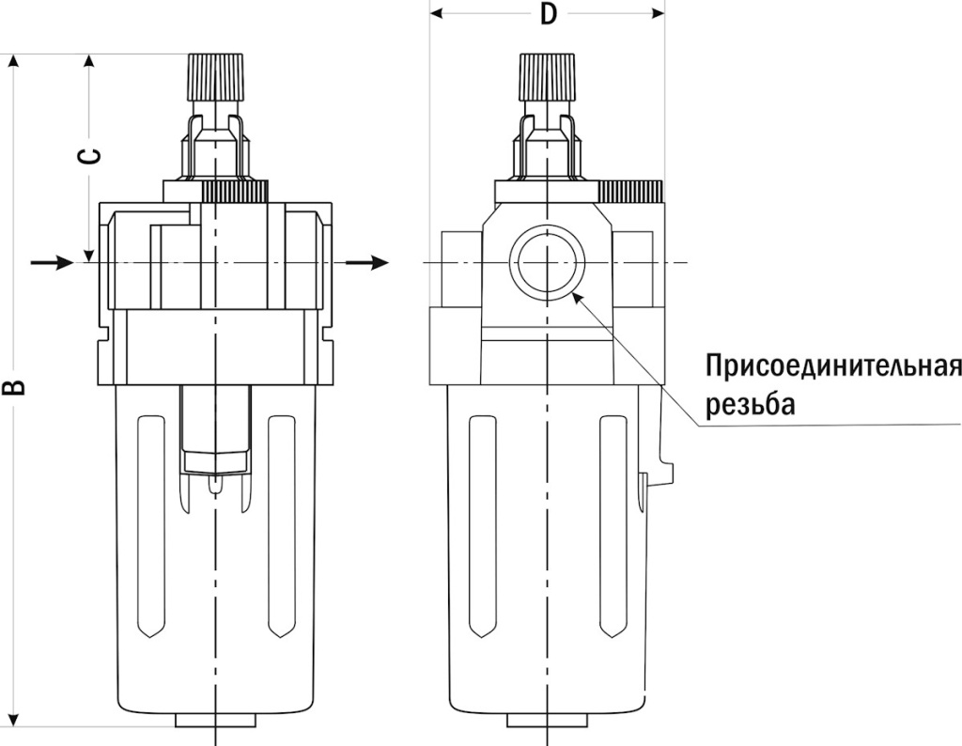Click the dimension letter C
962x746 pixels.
point(88,155)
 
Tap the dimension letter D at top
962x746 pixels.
point(549,16)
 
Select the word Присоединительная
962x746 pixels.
point(832,366)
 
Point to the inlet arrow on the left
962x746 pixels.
point(53,262)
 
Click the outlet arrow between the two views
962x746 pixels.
point(367,262)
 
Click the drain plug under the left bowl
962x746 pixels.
point(216,721)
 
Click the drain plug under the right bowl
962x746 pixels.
point(548,721)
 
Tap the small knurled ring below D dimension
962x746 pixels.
point(630,192)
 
